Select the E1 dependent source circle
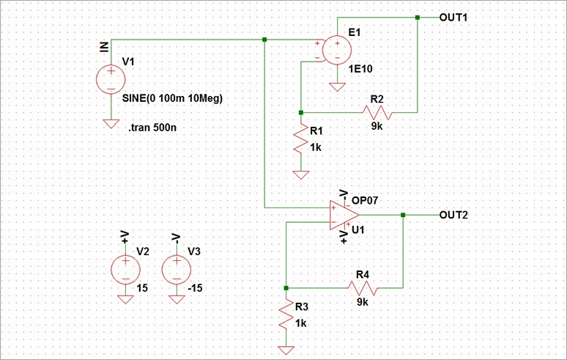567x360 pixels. coord(338,50)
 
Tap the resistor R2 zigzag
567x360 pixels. coord(377,112)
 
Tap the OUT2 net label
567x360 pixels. coord(453,215)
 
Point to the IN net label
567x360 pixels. coord(104,46)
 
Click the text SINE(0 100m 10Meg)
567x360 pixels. coord(172,98)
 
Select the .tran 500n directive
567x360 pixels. coord(152,128)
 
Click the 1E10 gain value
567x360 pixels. coord(361,69)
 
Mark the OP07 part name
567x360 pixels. coord(364,199)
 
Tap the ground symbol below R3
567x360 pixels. coord(286,349)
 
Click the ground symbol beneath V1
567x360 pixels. coord(111,123)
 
